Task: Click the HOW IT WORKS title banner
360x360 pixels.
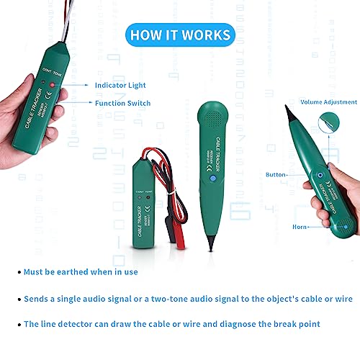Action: point(180,35)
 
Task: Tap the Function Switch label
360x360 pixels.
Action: point(122,103)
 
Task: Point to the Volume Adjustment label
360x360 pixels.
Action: point(329,102)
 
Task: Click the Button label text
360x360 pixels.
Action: point(276,174)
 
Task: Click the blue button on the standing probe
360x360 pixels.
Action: point(214,178)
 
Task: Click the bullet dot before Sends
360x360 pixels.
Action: point(18,298)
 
